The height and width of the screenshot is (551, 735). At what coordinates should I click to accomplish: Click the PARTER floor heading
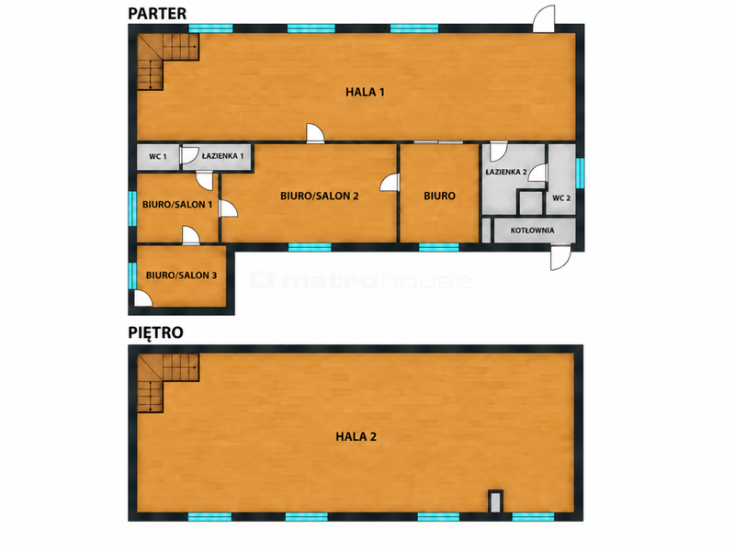click(x=157, y=13)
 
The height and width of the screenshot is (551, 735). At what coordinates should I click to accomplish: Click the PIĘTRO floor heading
click(x=155, y=332)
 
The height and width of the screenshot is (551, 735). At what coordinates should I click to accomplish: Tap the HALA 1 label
click(x=365, y=92)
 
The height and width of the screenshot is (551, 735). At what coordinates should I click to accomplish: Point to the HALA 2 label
click(x=356, y=437)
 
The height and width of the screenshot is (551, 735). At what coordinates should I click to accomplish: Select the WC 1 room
click(x=158, y=156)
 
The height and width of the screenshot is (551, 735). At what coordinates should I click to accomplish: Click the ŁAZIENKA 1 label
click(x=222, y=156)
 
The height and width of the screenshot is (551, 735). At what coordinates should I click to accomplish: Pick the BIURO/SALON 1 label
click(x=177, y=204)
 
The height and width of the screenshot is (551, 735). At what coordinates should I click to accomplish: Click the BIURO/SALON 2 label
click(x=319, y=196)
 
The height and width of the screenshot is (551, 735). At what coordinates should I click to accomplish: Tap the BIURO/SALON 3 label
click(x=181, y=275)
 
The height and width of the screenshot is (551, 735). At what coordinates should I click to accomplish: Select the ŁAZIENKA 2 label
click(x=506, y=172)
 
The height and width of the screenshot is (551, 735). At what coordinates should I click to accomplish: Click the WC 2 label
click(x=561, y=197)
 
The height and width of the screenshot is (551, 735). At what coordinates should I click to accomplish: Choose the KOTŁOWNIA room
click(x=535, y=231)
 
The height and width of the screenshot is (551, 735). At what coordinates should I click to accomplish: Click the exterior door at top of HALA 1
click(x=544, y=19)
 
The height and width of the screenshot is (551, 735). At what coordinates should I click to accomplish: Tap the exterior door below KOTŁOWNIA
click(x=560, y=257)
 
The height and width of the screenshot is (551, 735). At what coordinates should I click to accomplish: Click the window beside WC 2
click(x=580, y=173)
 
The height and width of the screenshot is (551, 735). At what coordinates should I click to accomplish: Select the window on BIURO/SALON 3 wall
click(x=132, y=275)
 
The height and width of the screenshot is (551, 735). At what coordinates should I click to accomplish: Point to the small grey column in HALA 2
click(x=495, y=500)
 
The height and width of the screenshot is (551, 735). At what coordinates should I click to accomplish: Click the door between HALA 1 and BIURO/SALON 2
click(x=315, y=133)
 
